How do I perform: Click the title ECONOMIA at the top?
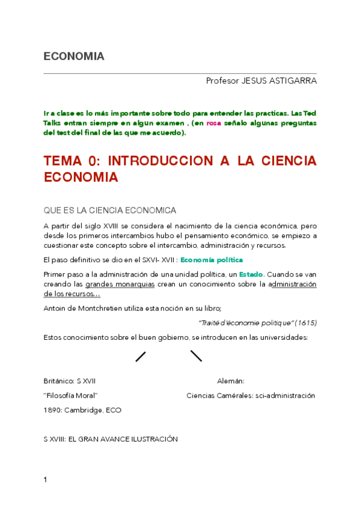pyautogui.click(x=74, y=57)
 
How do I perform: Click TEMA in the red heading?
pyautogui.click(x=62, y=161)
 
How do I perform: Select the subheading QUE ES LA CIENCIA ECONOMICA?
pyautogui.click(x=110, y=210)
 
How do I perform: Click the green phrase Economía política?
pyautogui.click(x=212, y=260)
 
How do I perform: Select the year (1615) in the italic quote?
pyautogui.click(x=305, y=323)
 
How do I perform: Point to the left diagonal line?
pyautogui.click(x=141, y=356)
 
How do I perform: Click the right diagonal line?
pyautogui.click(x=196, y=356)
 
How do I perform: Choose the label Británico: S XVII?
pyautogui.click(x=70, y=381)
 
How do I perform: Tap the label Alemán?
pyautogui.click(x=231, y=381)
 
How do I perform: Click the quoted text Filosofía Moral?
pyautogui.click(x=71, y=396)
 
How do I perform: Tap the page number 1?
pyautogui.click(x=46, y=480)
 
